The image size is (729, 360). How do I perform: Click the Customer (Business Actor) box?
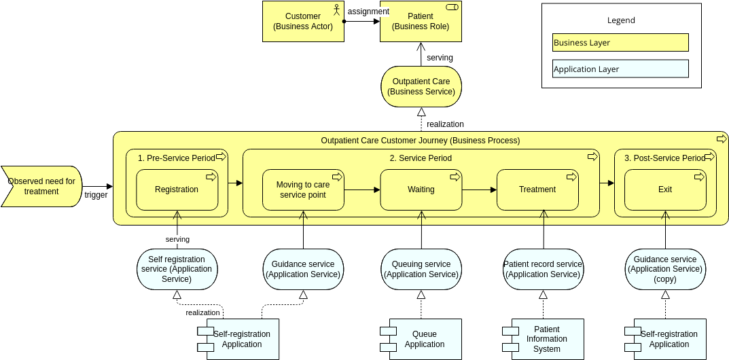(303, 21)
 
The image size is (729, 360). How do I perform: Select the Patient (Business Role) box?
(421, 21)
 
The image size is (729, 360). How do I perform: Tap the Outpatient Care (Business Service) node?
(421, 86)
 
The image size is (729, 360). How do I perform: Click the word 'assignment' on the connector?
(368, 12)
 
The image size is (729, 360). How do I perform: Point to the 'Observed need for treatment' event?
(41, 186)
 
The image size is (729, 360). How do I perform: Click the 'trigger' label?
(96, 195)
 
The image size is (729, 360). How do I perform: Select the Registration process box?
(177, 190)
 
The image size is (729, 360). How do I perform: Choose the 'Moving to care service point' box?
(303, 190)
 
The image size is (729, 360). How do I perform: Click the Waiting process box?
(421, 190)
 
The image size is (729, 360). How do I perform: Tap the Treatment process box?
(537, 190)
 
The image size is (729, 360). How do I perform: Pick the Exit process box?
(665, 190)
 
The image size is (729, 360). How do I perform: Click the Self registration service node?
(177, 269)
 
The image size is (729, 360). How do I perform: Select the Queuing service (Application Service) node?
(421, 269)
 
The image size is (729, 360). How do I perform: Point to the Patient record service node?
(543, 269)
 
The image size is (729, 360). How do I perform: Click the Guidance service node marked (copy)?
(665, 269)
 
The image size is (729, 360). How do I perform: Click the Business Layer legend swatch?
(620, 43)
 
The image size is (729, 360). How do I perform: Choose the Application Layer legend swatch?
(620, 69)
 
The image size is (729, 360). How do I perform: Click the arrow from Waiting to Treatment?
(479, 190)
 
